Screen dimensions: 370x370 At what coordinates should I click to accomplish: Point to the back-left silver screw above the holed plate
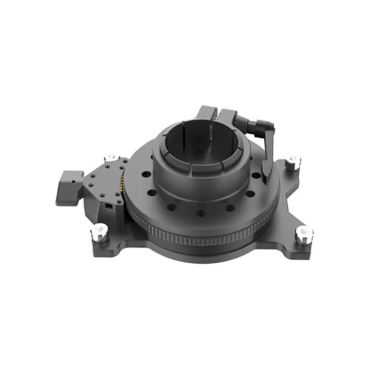point(112,158)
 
